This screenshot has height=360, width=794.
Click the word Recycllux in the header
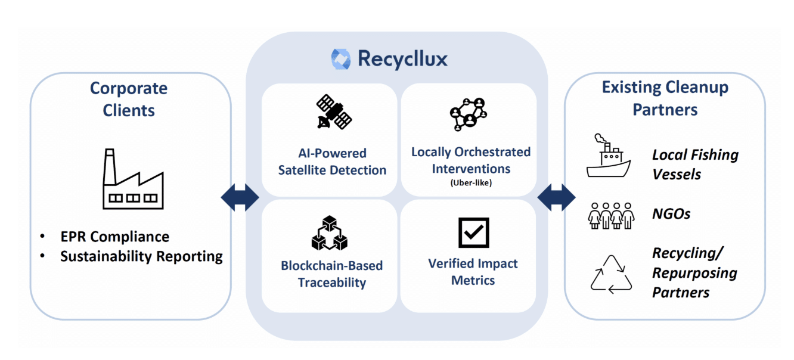coord(402,60)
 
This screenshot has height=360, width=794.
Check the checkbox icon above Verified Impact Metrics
coord(473,232)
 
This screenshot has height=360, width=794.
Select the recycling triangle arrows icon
coord(611,275)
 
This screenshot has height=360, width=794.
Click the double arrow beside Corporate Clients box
coord(240,197)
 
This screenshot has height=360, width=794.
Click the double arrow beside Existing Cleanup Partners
coord(556,197)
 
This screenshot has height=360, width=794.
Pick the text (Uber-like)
coord(471,183)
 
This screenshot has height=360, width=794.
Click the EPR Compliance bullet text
coord(114,237)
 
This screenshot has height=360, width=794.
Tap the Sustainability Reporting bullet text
coord(141,257)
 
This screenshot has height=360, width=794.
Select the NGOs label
coord(671,214)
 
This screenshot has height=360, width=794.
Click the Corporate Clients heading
coord(129,99)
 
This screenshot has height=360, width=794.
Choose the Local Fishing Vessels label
coord(694,165)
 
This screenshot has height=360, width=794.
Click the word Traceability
coord(331,283)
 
